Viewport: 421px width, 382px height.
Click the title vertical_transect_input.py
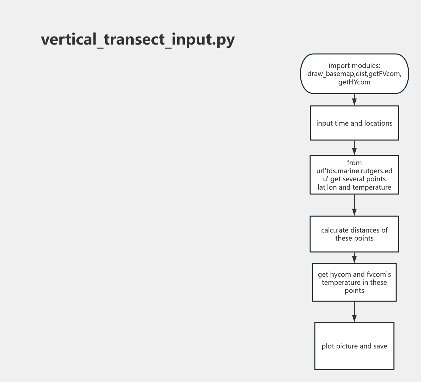138,40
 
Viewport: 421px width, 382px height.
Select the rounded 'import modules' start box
354,74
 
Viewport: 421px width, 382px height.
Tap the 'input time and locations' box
354,123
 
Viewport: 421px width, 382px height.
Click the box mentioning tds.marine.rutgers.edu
354,175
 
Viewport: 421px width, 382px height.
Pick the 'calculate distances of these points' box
354,234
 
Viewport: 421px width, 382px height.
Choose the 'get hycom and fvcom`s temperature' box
354,282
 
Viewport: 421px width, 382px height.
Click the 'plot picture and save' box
354,346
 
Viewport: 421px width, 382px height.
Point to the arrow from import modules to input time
354,100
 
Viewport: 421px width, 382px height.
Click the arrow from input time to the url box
354,148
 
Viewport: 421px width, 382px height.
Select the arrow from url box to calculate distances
354,205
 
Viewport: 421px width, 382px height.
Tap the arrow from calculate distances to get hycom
354,257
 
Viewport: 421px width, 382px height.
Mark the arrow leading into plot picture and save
354,312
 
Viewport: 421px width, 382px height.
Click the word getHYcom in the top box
354,82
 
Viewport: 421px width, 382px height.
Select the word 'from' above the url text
354,163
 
